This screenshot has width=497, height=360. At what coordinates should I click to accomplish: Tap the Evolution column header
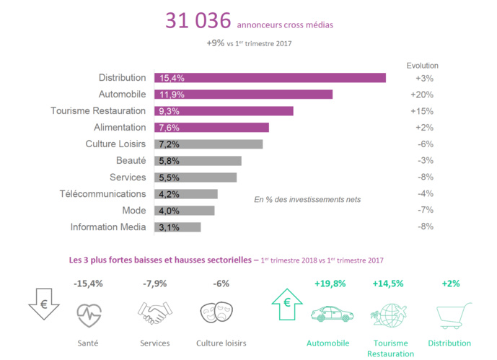pyautogui.click(x=422, y=65)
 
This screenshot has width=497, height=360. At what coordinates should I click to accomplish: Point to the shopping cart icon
pyautogui.click(x=451, y=314)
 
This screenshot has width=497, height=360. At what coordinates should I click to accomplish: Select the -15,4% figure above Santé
pyautogui.click(x=89, y=284)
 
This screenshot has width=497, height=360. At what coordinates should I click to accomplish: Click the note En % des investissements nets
pyautogui.click(x=307, y=199)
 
